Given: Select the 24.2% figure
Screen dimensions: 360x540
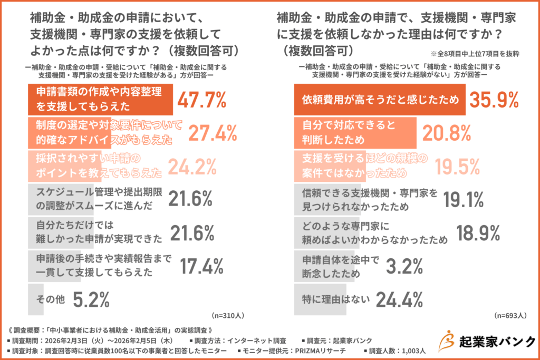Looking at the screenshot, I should click(192, 166).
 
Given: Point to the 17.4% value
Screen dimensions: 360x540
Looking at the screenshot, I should click(202, 266).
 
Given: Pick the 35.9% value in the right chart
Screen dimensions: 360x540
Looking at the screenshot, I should click(494, 100).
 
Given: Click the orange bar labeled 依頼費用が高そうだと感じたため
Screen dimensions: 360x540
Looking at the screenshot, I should click(379, 100).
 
